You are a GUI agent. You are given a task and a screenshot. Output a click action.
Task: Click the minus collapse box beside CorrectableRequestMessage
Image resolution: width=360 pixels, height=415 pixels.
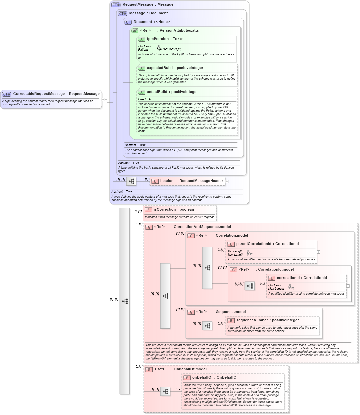tap(103, 99)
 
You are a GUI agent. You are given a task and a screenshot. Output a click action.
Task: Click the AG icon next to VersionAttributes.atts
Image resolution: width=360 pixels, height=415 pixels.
tap(135, 31)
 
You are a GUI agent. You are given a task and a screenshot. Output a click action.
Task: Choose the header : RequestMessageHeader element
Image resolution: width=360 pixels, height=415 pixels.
tap(191, 181)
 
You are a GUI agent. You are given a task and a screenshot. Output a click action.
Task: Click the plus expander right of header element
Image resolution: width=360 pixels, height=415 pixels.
tap(227, 181)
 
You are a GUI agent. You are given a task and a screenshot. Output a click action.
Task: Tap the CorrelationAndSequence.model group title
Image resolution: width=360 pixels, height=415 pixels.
tap(202, 227)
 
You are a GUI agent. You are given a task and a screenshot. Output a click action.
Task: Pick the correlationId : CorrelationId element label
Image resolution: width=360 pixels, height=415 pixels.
tap(301, 278)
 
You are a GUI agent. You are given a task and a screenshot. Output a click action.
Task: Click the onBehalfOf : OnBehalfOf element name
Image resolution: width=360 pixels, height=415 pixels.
tap(215, 378)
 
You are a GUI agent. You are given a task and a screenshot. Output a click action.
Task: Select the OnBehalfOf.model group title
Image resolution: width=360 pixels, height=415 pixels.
tap(190, 369)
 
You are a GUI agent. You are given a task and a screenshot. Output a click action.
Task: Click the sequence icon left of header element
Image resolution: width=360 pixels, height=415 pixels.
tap(131, 181)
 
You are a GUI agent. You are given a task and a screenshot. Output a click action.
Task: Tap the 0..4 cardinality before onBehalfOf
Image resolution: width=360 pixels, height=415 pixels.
tap(178, 389)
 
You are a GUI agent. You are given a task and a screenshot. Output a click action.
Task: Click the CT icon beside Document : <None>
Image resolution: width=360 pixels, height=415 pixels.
tap(128, 22)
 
